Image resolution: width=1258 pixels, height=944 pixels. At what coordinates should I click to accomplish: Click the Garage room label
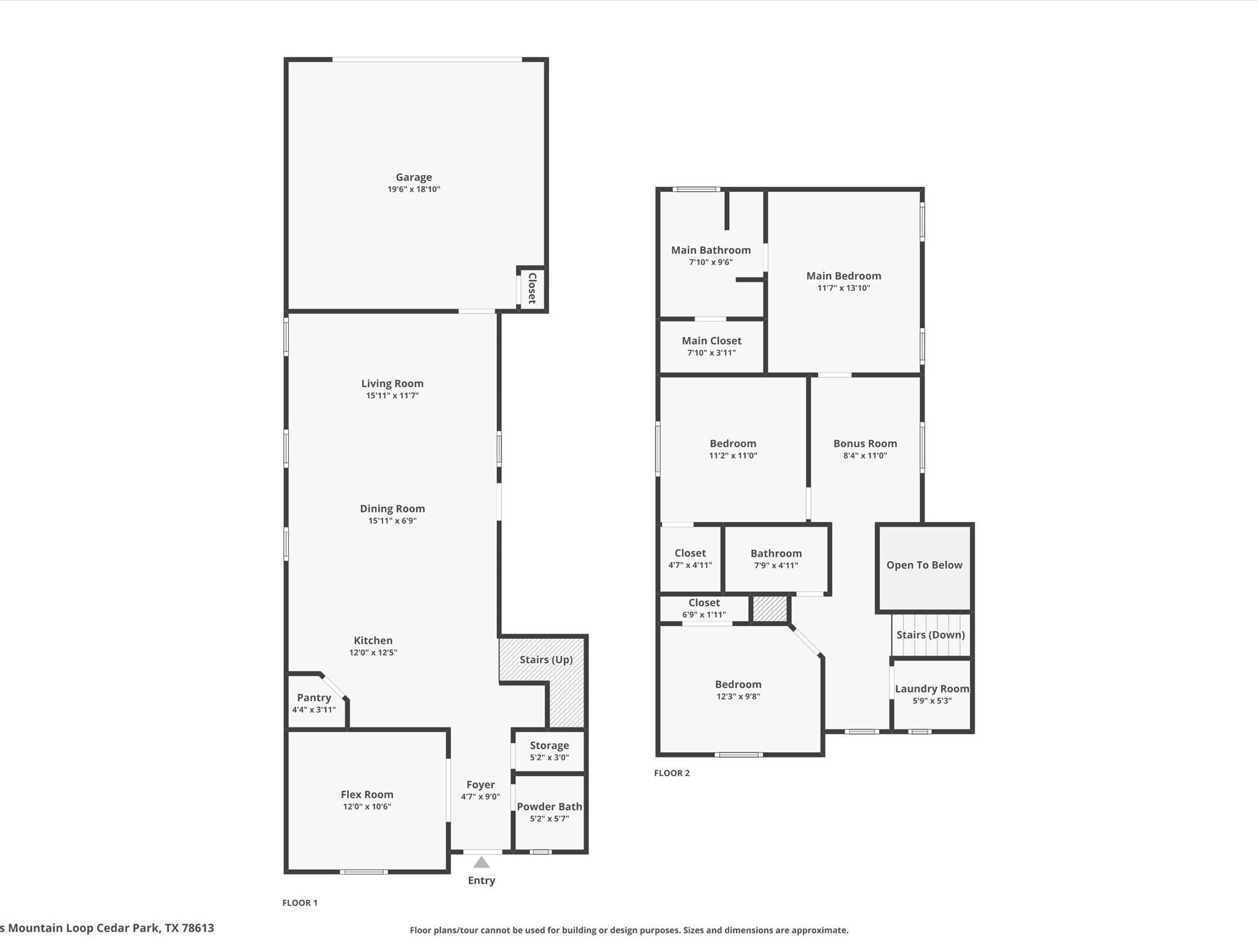click(x=413, y=177)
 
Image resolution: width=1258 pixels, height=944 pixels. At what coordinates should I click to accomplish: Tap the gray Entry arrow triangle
click(x=482, y=862)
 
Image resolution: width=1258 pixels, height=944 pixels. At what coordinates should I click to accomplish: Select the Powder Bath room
click(x=549, y=812)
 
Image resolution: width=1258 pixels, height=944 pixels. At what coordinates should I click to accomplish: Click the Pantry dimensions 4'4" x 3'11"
click(x=314, y=710)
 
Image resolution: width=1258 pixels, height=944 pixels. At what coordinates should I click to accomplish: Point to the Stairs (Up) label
click(x=546, y=659)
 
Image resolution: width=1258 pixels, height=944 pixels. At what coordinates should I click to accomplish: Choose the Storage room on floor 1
click(x=549, y=750)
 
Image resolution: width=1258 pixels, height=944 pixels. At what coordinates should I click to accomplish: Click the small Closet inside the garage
click(x=532, y=288)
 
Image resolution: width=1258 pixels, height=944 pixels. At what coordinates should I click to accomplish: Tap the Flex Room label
click(x=367, y=795)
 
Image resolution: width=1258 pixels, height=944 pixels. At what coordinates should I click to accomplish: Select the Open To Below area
click(x=924, y=565)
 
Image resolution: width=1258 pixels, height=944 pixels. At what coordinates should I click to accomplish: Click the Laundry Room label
click(x=932, y=689)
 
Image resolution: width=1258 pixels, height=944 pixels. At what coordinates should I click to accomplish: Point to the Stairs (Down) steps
click(x=931, y=635)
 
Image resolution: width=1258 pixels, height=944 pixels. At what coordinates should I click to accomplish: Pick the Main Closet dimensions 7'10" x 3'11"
click(x=711, y=353)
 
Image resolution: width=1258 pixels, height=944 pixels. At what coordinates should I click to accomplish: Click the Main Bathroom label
click(x=711, y=250)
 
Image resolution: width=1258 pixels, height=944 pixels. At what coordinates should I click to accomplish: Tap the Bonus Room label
click(x=865, y=444)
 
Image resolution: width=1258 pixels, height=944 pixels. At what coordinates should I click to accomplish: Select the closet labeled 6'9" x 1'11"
click(x=704, y=608)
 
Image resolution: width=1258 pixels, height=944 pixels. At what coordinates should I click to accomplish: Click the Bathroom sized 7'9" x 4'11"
click(x=776, y=559)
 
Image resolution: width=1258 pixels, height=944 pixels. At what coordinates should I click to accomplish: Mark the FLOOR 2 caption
click(x=672, y=773)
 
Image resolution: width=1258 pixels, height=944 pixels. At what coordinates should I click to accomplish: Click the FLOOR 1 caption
click(x=300, y=903)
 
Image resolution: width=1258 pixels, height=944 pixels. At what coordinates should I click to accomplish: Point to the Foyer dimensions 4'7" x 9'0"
click(x=480, y=797)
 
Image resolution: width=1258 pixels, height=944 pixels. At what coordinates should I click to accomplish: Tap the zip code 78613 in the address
click(x=198, y=928)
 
